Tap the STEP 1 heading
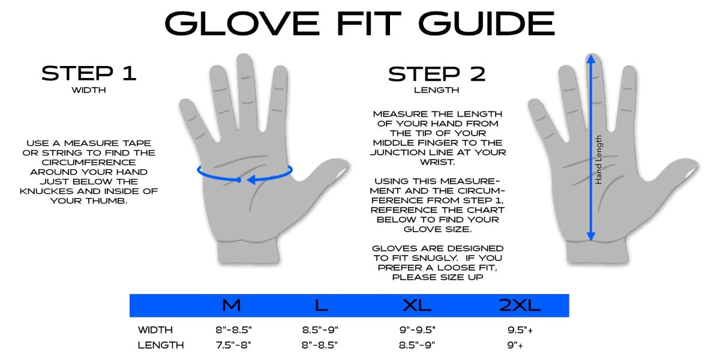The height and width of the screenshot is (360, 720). coord(89,73)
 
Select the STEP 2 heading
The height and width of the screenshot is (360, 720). coord(437,74)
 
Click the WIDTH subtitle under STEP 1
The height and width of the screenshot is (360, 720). coord(89,91)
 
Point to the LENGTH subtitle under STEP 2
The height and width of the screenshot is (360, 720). coord(437,91)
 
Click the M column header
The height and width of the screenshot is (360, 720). coord(231,305)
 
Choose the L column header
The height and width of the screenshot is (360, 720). coord(322,305)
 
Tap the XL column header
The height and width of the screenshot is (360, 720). coord(417,305)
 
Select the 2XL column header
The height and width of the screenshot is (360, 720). coord(520,305)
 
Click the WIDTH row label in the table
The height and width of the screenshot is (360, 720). coord(155,329)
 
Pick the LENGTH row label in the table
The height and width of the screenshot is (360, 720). coord(161,345)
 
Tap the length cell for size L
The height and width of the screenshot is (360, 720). coord(320,345)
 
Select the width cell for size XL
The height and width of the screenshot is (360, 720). coord(417,329)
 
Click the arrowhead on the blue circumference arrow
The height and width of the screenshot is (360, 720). coord(253,179)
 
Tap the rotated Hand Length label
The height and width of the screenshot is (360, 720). coord(598,159)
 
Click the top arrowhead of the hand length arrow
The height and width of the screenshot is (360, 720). coord(591,59)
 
